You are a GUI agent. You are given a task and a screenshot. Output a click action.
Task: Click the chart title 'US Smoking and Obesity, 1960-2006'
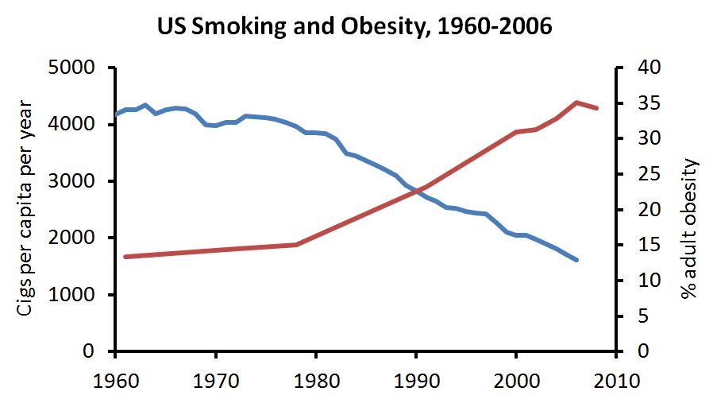click(354, 25)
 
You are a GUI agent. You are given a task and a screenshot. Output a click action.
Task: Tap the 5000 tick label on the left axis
click(71, 68)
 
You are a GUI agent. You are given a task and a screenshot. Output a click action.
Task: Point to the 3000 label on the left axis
click(71, 181)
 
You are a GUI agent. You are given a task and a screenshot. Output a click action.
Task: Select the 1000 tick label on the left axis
click(71, 295)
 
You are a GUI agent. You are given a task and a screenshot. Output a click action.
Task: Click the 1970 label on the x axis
click(216, 381)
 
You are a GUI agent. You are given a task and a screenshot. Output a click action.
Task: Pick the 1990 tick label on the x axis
click(415, 381)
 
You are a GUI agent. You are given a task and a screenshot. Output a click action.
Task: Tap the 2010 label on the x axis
click(616, 381)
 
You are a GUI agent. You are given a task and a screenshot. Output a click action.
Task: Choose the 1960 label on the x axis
click(116, 381)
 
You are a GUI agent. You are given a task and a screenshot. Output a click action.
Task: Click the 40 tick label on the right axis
click(649, 68)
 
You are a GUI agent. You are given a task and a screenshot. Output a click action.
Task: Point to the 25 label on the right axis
click(649, 174)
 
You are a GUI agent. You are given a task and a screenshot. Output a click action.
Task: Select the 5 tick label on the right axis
click(643, 316)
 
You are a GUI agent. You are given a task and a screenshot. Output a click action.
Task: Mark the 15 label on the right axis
click(649, 245)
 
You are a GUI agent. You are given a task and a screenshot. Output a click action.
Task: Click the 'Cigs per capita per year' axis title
click(25, 208)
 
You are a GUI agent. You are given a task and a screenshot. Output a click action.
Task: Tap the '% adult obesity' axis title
click(689, 228)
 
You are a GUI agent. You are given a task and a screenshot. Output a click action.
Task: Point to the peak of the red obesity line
click(576, 103)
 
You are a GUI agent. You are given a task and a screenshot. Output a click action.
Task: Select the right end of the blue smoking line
click(576, 260)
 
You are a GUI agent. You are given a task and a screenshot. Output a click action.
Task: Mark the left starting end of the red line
click(125, 257)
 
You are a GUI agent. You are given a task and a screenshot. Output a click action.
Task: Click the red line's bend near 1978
click(296, 245)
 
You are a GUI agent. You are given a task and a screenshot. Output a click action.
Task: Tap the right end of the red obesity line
click(596, 108)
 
